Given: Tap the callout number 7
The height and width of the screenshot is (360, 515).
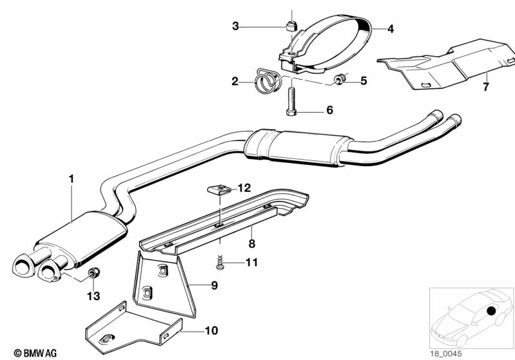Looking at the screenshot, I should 486,85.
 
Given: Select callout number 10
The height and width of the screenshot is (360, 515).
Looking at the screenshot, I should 211,331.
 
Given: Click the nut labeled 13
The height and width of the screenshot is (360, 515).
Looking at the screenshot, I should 93,274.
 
